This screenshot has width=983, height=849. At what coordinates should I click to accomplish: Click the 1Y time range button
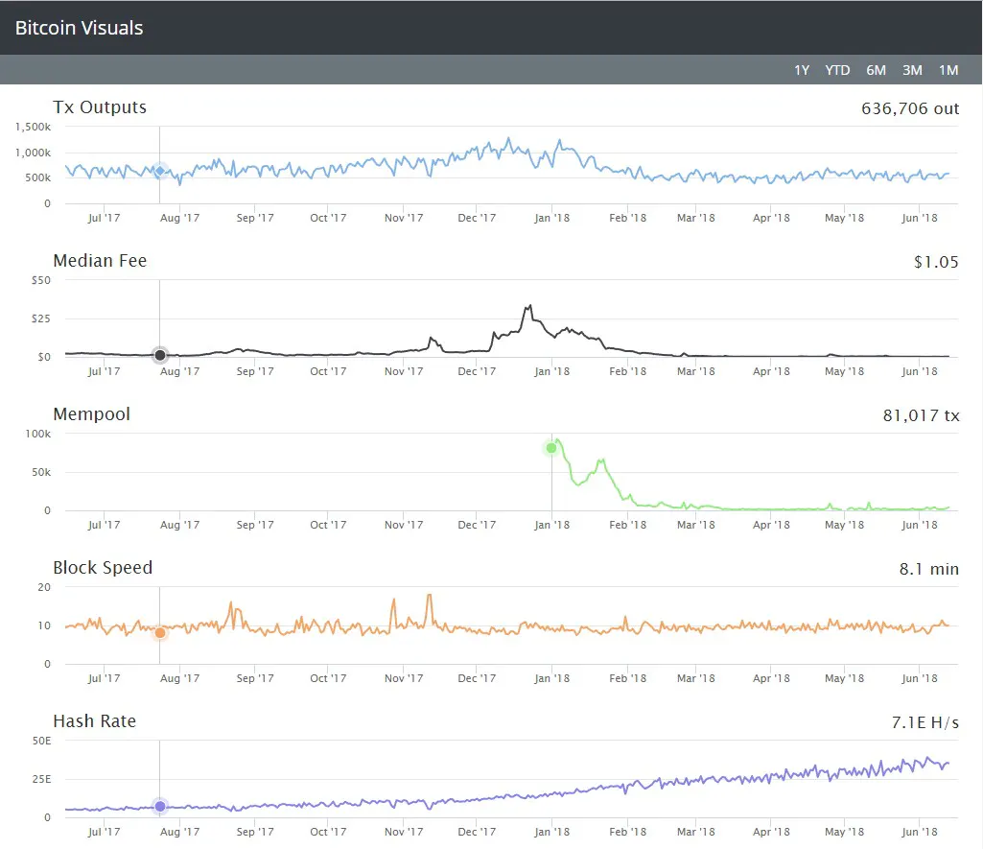(802, 70)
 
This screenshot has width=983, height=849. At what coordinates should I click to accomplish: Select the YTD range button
(837, 70)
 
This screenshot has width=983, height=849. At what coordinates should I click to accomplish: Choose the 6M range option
(876, 70)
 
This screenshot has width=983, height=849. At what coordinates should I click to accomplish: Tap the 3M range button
(912, 70)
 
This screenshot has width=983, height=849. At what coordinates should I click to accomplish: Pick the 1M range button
(948, 70)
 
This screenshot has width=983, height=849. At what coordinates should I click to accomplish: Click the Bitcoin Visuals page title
(79, 28)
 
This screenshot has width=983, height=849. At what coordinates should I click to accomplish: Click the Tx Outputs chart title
(100, 107)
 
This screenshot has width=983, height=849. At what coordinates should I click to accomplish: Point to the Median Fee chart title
(100, 261)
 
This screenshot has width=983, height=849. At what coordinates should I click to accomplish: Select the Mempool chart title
(91, 414)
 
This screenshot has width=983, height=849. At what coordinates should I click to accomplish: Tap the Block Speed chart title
(103, 568)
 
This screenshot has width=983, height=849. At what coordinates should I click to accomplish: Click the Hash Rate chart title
(94, 721)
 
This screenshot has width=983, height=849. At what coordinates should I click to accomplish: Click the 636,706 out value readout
(910, 108)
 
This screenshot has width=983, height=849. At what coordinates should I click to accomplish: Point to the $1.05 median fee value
(936, 262)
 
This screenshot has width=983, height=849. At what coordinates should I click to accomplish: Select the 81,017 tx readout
(921, 415)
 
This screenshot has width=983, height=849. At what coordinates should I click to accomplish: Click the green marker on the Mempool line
(551, 448)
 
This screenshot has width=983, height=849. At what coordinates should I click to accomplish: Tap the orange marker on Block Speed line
(160, 632)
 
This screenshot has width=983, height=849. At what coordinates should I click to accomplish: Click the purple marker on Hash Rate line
(160, 807)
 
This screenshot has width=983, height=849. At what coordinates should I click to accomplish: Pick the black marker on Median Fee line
(160, 355)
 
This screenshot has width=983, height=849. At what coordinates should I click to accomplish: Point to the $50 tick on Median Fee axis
(40, 280)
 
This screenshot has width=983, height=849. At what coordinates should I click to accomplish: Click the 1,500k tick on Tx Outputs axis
(34, 127)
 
